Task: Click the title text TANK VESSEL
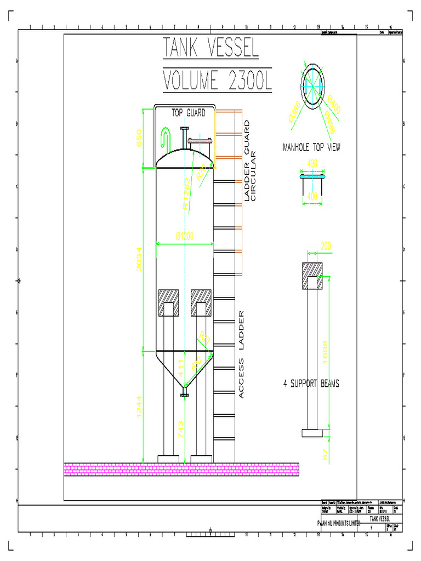(x=210, y=49)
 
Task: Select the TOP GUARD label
(x=189, y=113)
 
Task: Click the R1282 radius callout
(x=186, y=194)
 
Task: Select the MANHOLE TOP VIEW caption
(x=311, y=147)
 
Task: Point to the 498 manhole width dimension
(x=312, y=163)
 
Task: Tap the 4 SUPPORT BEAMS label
(x=311, y=383)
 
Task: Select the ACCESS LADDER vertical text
(x=241, y=354)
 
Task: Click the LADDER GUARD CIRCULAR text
(x=250, y=160)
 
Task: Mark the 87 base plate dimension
(x=325, y=454)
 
